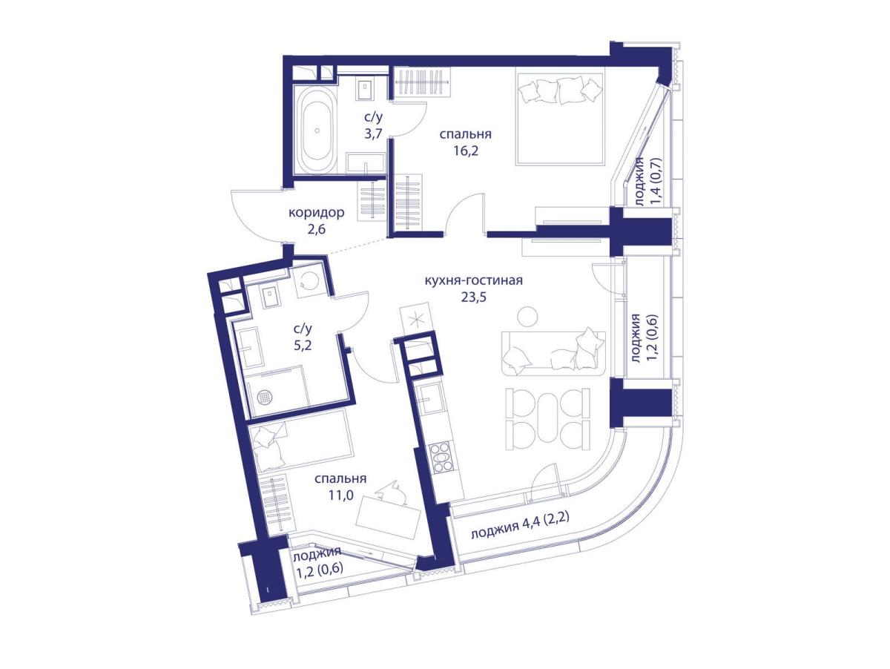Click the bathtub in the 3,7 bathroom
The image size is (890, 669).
[x=317, y=130]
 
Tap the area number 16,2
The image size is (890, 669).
[x=466, y=151]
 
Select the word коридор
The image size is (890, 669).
[x=316, y=212]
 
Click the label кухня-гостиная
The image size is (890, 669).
[x=473, y=280]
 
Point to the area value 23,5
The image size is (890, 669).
[x=473, y=297]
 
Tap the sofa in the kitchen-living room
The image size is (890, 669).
[x=553, y=354]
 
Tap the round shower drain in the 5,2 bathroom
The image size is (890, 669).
[x=265, y=397]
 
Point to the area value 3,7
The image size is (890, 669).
[x=89, y=133]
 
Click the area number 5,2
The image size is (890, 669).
[x=303, y=346]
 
